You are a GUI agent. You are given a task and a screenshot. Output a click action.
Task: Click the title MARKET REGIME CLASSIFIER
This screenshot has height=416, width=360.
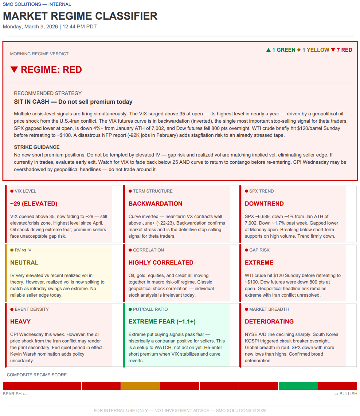pos(80,16)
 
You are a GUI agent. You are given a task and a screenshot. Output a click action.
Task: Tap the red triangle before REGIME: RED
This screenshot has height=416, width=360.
pos(14,70)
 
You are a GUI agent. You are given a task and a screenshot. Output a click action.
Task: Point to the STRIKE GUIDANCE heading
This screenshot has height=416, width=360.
pos(37,147)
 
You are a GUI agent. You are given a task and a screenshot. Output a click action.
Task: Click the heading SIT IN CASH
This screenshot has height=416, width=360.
pos(73,102)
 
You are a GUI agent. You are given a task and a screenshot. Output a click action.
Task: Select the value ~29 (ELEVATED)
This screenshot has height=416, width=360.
pos(34,203)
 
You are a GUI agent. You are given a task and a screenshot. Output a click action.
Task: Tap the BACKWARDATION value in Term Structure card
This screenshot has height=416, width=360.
pos(155,203)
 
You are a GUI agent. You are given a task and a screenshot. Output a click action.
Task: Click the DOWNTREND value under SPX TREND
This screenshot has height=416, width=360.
pos(264,203)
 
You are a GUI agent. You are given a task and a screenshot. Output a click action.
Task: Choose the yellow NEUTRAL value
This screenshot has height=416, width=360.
pos(24,262)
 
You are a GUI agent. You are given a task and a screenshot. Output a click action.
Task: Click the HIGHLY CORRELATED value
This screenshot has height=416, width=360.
pos(161,262)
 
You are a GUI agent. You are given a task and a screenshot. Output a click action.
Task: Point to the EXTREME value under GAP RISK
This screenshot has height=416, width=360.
pos(259,262)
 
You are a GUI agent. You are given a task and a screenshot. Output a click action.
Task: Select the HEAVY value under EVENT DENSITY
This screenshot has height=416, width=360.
pos(20,321)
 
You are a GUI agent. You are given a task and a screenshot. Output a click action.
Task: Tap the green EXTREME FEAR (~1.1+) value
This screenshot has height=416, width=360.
pos(162,321)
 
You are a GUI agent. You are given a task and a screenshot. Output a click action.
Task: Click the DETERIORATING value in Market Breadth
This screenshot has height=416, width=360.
pos(269,321)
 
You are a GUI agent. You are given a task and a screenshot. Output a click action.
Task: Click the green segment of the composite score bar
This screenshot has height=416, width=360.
pos(298,386)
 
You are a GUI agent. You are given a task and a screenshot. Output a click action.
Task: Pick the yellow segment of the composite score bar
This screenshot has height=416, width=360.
pos(140,386)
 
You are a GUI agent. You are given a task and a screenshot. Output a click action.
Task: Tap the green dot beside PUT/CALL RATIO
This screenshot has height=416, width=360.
pos(130,309)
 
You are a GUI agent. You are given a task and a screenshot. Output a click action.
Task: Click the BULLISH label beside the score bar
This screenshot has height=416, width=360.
pos(348,394)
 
